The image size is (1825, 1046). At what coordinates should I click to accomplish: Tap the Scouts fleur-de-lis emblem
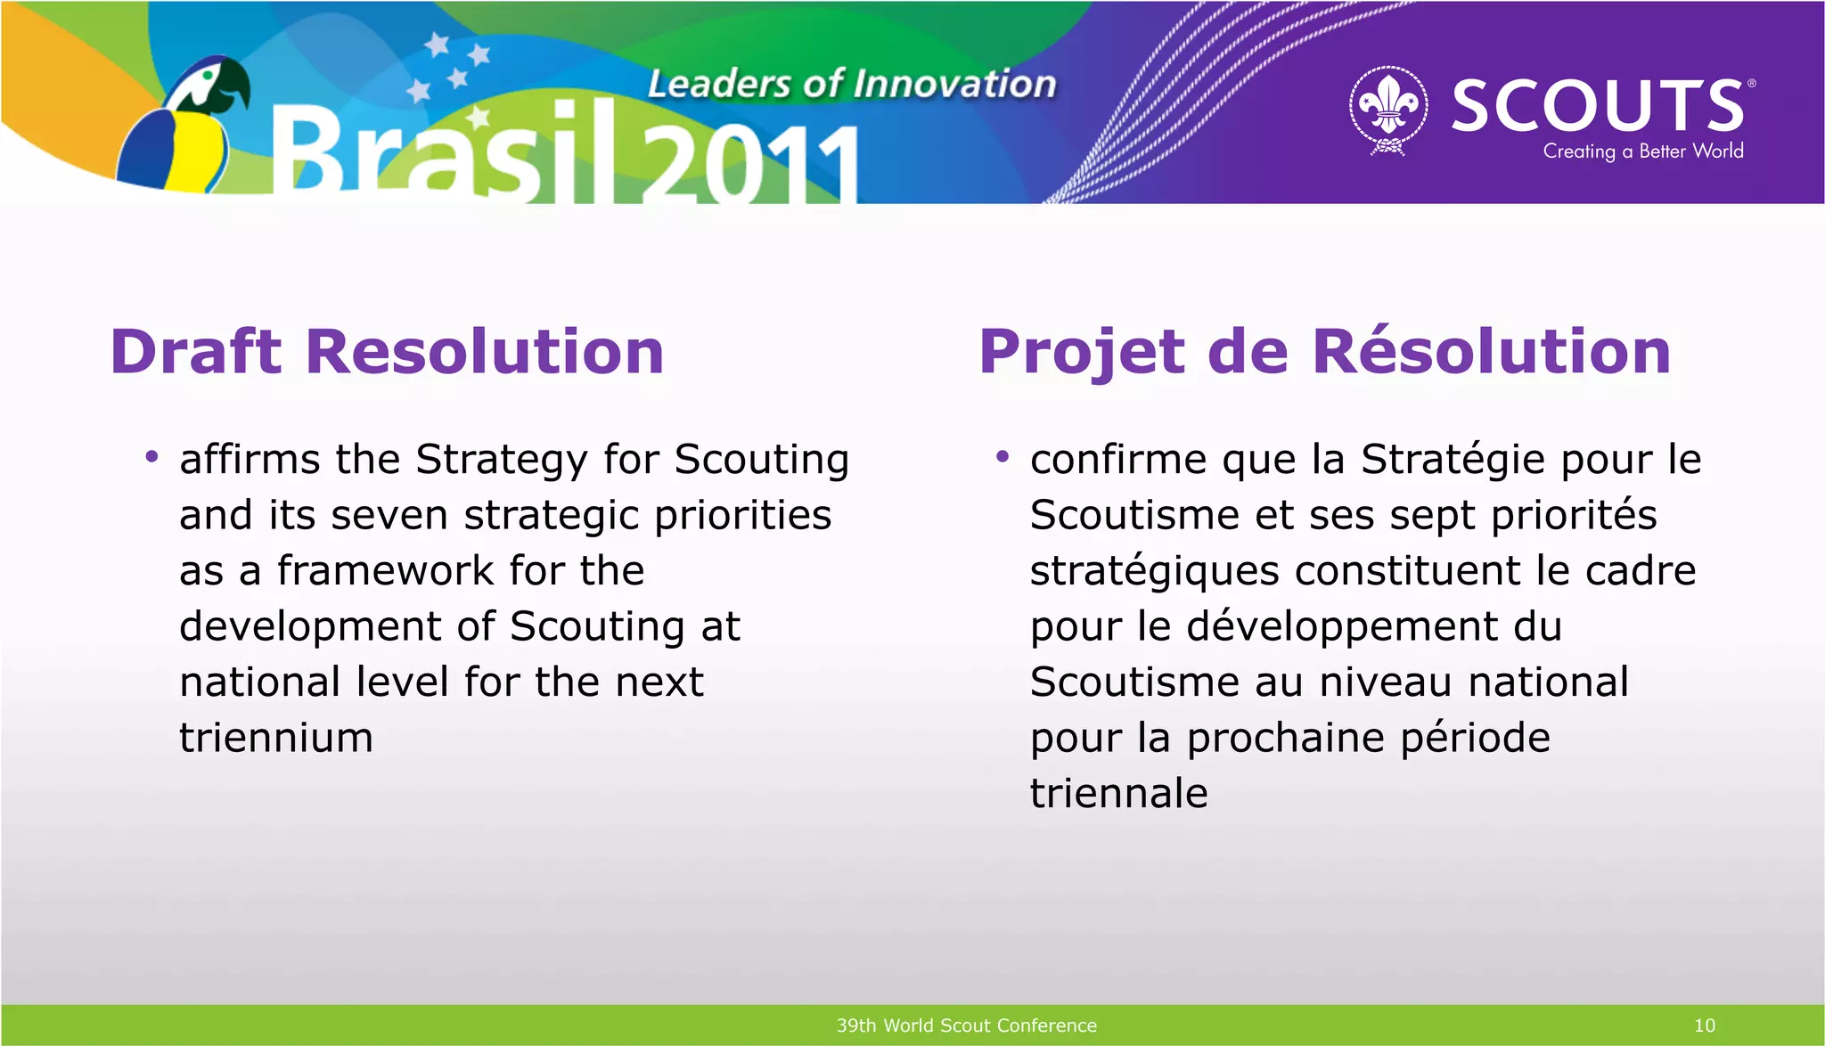click(1388, 109)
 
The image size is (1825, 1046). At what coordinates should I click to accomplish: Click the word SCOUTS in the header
click(1598, 105)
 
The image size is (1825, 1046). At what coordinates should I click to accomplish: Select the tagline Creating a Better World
click(1642, 151)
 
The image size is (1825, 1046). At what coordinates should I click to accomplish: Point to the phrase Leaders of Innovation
click(851, 84)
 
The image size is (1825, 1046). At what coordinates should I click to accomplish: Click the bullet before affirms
click(151, 458)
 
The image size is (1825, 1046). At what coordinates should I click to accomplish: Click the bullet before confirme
click(1003, 458)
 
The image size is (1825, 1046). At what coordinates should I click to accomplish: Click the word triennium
click(275, 738)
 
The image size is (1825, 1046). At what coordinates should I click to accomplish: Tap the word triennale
click(1118, 793)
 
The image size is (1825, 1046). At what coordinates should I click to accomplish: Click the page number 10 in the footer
click(1704, 1026)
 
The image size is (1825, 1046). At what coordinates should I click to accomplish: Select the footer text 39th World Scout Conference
click(966, 1026)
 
